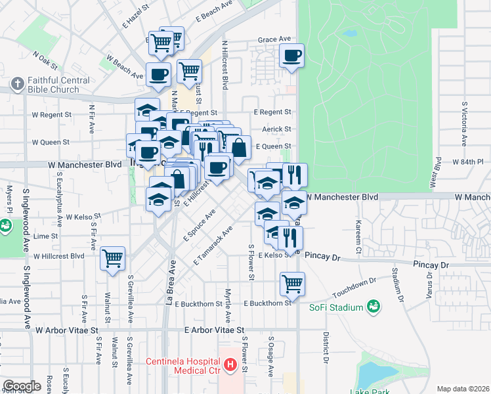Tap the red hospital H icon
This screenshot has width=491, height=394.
pos(230,364)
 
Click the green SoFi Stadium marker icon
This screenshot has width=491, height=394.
pos(374,306)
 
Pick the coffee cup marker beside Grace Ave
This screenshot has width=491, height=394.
pos(292,56)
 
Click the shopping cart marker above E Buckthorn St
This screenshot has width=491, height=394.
pos(292,284)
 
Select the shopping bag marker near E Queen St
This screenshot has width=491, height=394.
pos(240,147)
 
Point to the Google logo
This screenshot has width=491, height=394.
pos(22,386)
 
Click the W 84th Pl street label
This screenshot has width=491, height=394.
pos(467,161)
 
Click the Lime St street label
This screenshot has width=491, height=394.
pos(45,235)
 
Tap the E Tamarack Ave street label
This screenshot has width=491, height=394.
pos(213,246)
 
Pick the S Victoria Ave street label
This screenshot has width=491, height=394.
pos(464,123)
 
